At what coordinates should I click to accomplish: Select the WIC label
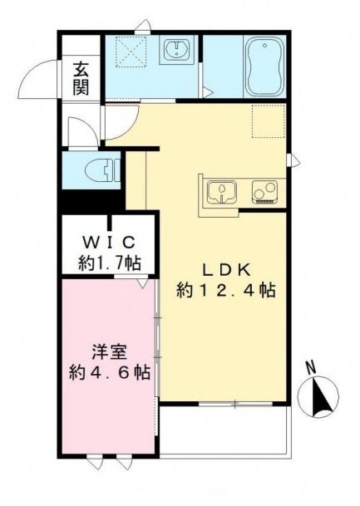108,243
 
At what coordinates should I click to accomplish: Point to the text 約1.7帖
108,263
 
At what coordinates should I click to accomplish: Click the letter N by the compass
310,367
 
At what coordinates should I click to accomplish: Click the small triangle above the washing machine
145,27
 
